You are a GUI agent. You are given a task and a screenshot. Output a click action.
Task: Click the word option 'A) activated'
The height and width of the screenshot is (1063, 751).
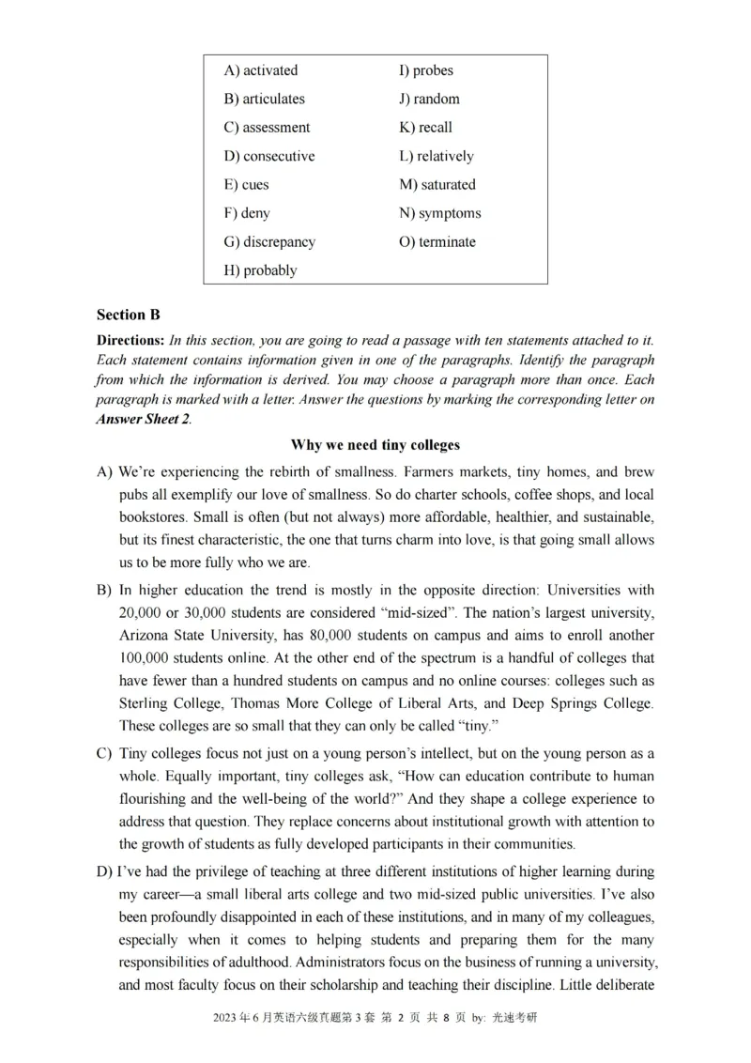pos(260,70)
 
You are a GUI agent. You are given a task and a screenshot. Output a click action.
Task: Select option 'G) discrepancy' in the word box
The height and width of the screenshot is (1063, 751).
pos(269,242)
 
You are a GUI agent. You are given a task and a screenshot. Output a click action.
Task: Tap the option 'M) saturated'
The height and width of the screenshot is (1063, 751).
pos(437,185)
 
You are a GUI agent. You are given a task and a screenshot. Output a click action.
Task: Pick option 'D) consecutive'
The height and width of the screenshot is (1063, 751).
pos(268,156)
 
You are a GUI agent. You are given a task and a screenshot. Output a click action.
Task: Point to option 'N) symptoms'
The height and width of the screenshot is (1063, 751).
pos(439,213)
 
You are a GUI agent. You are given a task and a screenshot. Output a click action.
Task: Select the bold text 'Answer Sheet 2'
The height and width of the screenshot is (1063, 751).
pos(143,420)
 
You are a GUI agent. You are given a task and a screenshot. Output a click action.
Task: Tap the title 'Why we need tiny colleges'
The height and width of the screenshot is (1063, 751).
pos(375,444)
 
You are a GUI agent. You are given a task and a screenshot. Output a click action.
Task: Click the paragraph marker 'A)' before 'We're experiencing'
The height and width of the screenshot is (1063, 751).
pos(104,472)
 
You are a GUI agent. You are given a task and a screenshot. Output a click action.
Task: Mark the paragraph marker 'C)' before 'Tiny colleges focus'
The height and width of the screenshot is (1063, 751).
pos(104,754)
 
